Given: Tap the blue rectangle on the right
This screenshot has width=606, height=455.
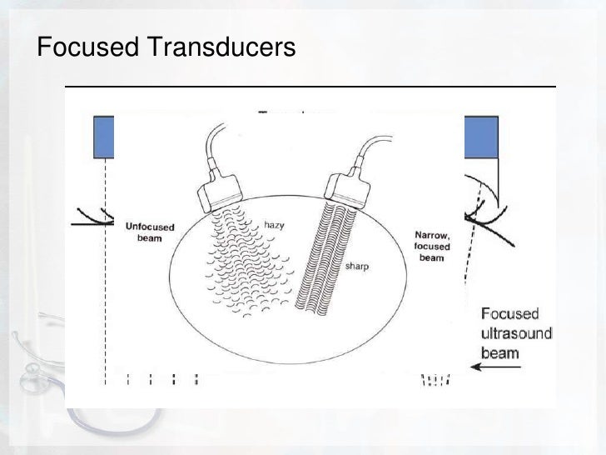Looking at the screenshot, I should click(480, 137).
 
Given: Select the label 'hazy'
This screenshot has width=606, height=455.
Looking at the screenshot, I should click(274, 224).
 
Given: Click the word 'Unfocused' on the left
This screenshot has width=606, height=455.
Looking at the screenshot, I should click(149, 225).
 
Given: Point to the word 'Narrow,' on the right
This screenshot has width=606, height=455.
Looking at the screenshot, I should click(433, 235).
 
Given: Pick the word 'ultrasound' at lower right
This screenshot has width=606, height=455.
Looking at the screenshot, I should click(516, 333).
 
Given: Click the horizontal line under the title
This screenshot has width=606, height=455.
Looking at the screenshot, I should click(310, 87).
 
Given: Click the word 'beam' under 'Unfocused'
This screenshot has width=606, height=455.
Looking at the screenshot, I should click(149, 237).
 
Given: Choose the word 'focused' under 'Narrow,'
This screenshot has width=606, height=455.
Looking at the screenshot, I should click(433, 247).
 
